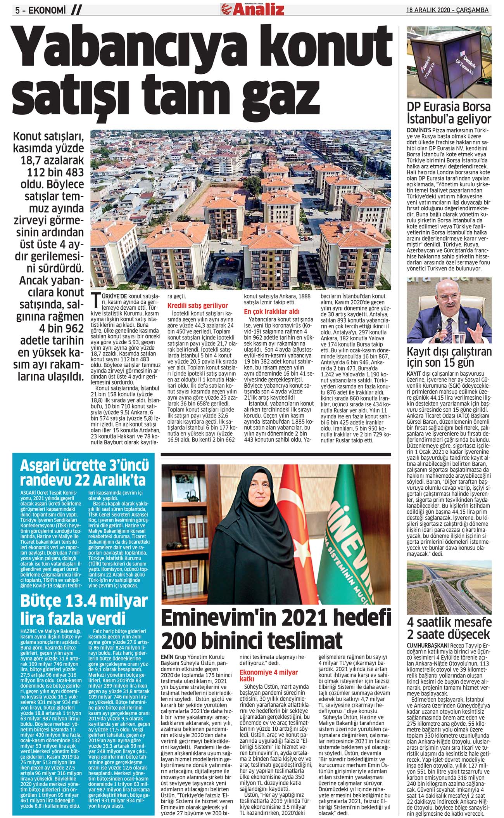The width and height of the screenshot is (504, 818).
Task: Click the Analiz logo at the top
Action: [x=252, y=9]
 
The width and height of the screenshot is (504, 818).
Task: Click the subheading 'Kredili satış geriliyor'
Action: [x=198, y=305]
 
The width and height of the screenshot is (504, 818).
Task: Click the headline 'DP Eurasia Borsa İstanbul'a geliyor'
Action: [x=449, y=113]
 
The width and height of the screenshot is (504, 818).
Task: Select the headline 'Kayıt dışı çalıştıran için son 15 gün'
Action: [x=449, y=357]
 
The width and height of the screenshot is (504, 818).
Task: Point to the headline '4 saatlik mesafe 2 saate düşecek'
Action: [x=449, y=629]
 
